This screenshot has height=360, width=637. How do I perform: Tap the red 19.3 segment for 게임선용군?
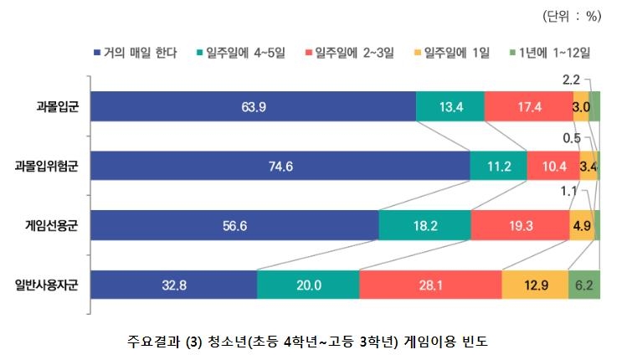tap(520, 225)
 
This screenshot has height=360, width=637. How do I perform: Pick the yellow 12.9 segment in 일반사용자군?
tap(535, 285)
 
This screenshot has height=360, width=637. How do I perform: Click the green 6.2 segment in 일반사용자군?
tap(583, 285)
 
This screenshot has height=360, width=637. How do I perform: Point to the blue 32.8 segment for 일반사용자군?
tap(173, 285)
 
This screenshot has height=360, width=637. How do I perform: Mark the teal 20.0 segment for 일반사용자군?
tap(308, 285)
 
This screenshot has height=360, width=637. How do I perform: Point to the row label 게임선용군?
tap(52, 225)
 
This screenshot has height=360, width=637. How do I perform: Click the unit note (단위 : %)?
tap(573, 16)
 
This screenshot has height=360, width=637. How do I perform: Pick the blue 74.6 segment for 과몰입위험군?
tap(280, 166)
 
